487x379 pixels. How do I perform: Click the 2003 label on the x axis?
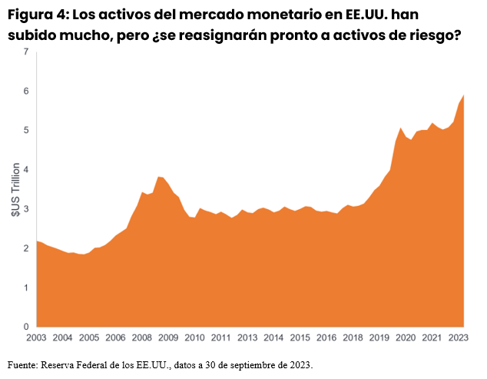pyautogui.click(x=36, y=337)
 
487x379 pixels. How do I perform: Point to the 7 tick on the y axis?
pyautogui.click(x=25, y=52)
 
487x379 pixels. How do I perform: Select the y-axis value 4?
pyautogui.click(x=25, y=169)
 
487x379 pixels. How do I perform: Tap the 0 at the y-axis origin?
pyautogui.click(x=25, y=326)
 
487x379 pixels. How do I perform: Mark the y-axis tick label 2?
pyautogui.click(x=25, y=248)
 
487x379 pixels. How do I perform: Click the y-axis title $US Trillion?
pyautogui.click(x=15, y=189)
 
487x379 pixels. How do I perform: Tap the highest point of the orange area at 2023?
pyautogui.click(x=464, y=95)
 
